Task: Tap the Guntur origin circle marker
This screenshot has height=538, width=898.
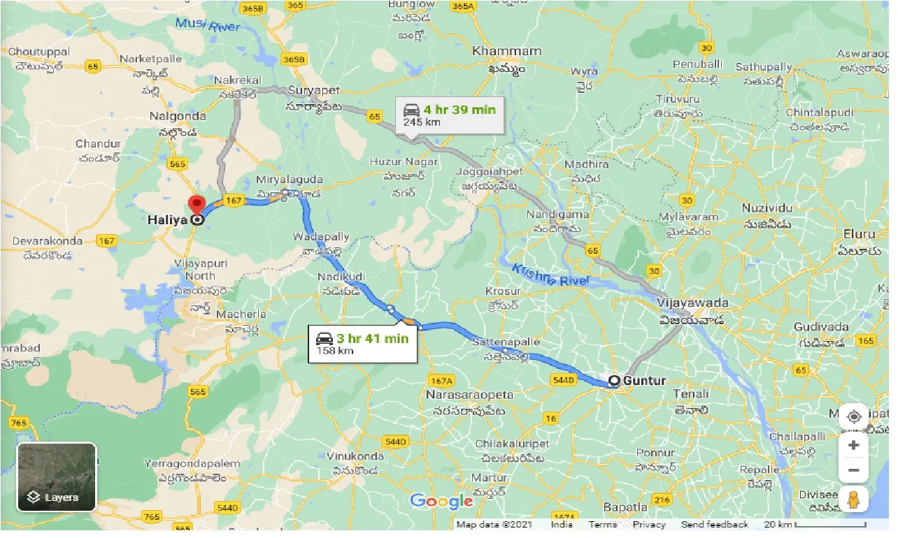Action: (x=614, y=381)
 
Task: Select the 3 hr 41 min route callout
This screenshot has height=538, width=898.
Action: (x=362, y=342)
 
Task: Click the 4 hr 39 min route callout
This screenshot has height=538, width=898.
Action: (x=450, y=115)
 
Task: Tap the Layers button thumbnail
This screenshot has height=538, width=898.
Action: (x=57, y=477)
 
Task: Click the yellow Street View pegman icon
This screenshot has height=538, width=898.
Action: (x=853, y=499)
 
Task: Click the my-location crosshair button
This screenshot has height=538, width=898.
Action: (x=853, y=417)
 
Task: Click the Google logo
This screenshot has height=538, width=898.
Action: (x=441, y=501)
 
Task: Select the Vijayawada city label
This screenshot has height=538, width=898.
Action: (x=692, y=303)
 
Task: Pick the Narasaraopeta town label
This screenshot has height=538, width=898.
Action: (x=469, y=395)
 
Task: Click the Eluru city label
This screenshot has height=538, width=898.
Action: (x=860, y=234)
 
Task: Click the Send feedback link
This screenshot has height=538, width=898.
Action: (x=714, y=525)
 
